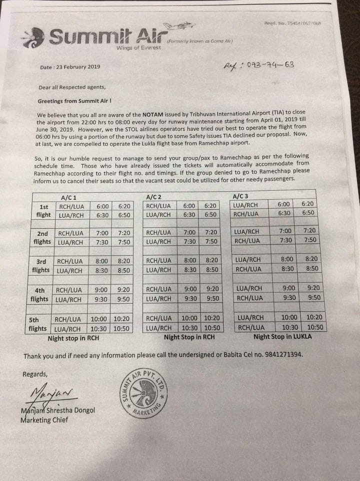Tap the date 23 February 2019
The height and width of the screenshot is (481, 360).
tap(70, 67)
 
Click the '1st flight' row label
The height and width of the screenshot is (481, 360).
tap(44, 210)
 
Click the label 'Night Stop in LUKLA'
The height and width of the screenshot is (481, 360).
tap(282, 337)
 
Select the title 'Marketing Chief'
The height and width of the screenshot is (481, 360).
tap(44, 420)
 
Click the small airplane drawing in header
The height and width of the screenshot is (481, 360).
tap(175, 25)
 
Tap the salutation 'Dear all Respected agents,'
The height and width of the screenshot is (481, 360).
tap(72, 87)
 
